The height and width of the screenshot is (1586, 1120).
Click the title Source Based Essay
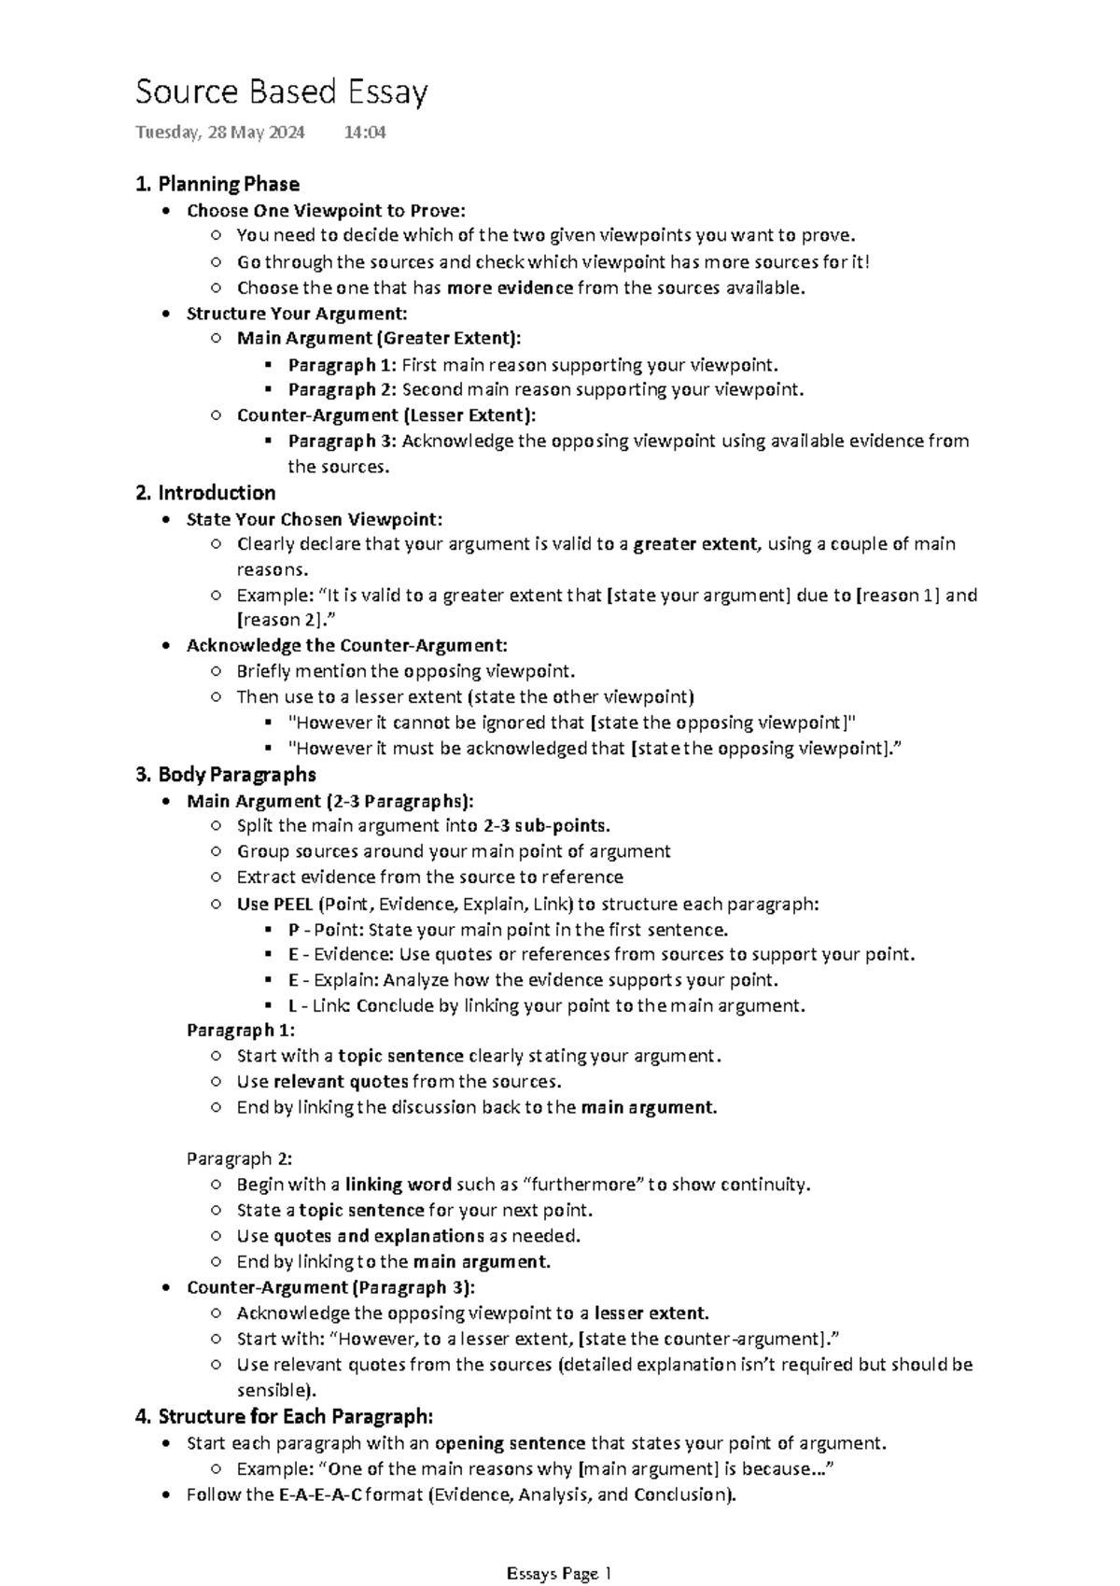tap(281, 92)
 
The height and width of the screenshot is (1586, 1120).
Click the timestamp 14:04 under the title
tap(364, 133)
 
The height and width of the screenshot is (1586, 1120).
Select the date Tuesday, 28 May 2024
tap(219, 133)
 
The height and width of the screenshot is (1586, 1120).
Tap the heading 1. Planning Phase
tap(217, 184)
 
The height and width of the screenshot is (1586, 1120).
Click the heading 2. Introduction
tap(205, 493)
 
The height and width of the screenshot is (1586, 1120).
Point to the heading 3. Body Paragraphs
tap(225, 775)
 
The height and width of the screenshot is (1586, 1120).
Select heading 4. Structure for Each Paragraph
tap(284, 1416)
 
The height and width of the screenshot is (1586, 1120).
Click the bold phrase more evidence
tap(510, 288)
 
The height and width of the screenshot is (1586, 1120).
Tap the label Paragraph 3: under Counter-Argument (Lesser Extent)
tap(342, 441)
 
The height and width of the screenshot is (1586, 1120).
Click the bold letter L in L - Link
tap(293, 1005)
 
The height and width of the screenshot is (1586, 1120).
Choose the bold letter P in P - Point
tap(293, 930)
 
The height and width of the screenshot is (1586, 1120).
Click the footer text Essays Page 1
tap(558, 1549)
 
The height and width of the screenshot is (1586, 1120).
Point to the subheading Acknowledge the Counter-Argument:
tap(346, 645)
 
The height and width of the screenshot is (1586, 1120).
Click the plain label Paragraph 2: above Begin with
tap(239, 1158)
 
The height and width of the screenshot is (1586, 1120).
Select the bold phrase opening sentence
tap(510, 1443)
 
